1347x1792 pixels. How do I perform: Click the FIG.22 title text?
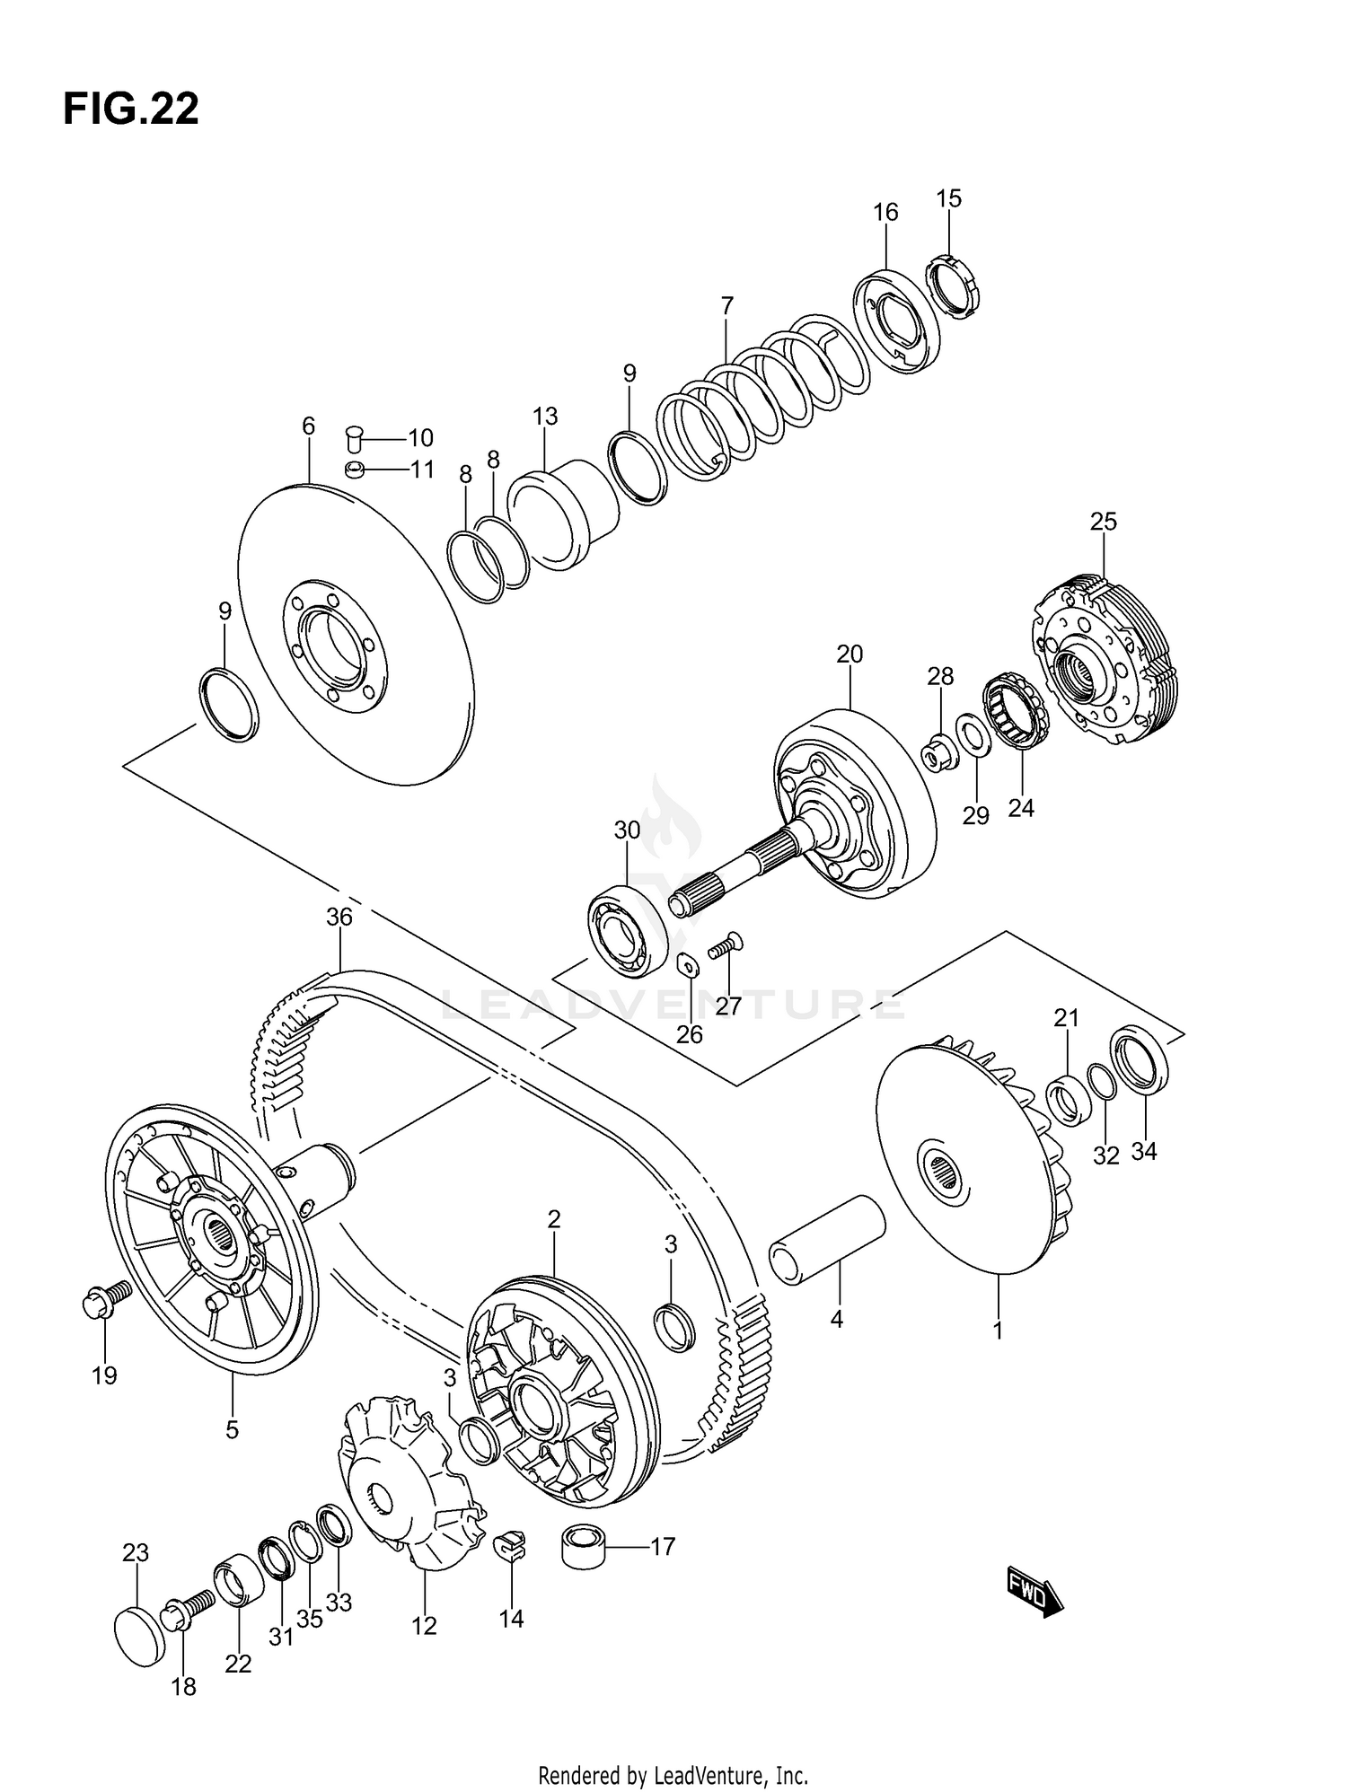coord(131,110)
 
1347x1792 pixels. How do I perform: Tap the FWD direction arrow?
coord(1034,1592)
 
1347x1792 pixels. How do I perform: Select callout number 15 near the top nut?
coord(948,198)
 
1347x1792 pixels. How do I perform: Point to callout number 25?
coord(1104,521)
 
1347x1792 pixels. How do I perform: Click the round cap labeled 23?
coord(141,1638)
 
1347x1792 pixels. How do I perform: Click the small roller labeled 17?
coord(584,1546)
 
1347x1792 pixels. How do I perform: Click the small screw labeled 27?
coord(726,945)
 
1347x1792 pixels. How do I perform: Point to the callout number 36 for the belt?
coord(339,917)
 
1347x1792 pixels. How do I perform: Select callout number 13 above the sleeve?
coord(545,417)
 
